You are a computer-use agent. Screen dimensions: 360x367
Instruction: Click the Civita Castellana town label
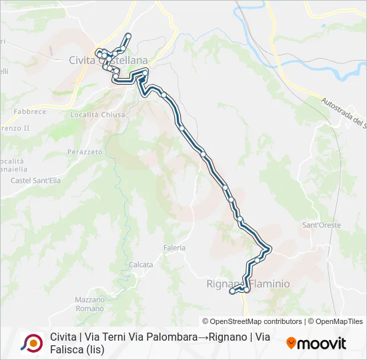click(x=107, y=60)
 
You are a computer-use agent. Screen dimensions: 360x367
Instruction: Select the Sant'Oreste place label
click(x=322, y=225)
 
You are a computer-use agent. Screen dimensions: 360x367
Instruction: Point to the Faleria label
click(x=174, y=247)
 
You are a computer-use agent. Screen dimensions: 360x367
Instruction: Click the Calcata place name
click(x=141, y=265)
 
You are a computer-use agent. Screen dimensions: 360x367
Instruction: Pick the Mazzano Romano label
click(x=90, y=304)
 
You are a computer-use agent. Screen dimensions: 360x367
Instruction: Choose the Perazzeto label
click(x=85, y=152)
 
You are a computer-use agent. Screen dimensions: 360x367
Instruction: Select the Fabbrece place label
click(x=28, y=111)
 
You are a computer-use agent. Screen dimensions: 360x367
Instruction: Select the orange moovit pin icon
click(x=291, y=343)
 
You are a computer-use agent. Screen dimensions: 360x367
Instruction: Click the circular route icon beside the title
click(x=31, y=343)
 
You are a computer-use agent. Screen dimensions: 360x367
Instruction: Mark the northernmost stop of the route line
click(x=127, y=35)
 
